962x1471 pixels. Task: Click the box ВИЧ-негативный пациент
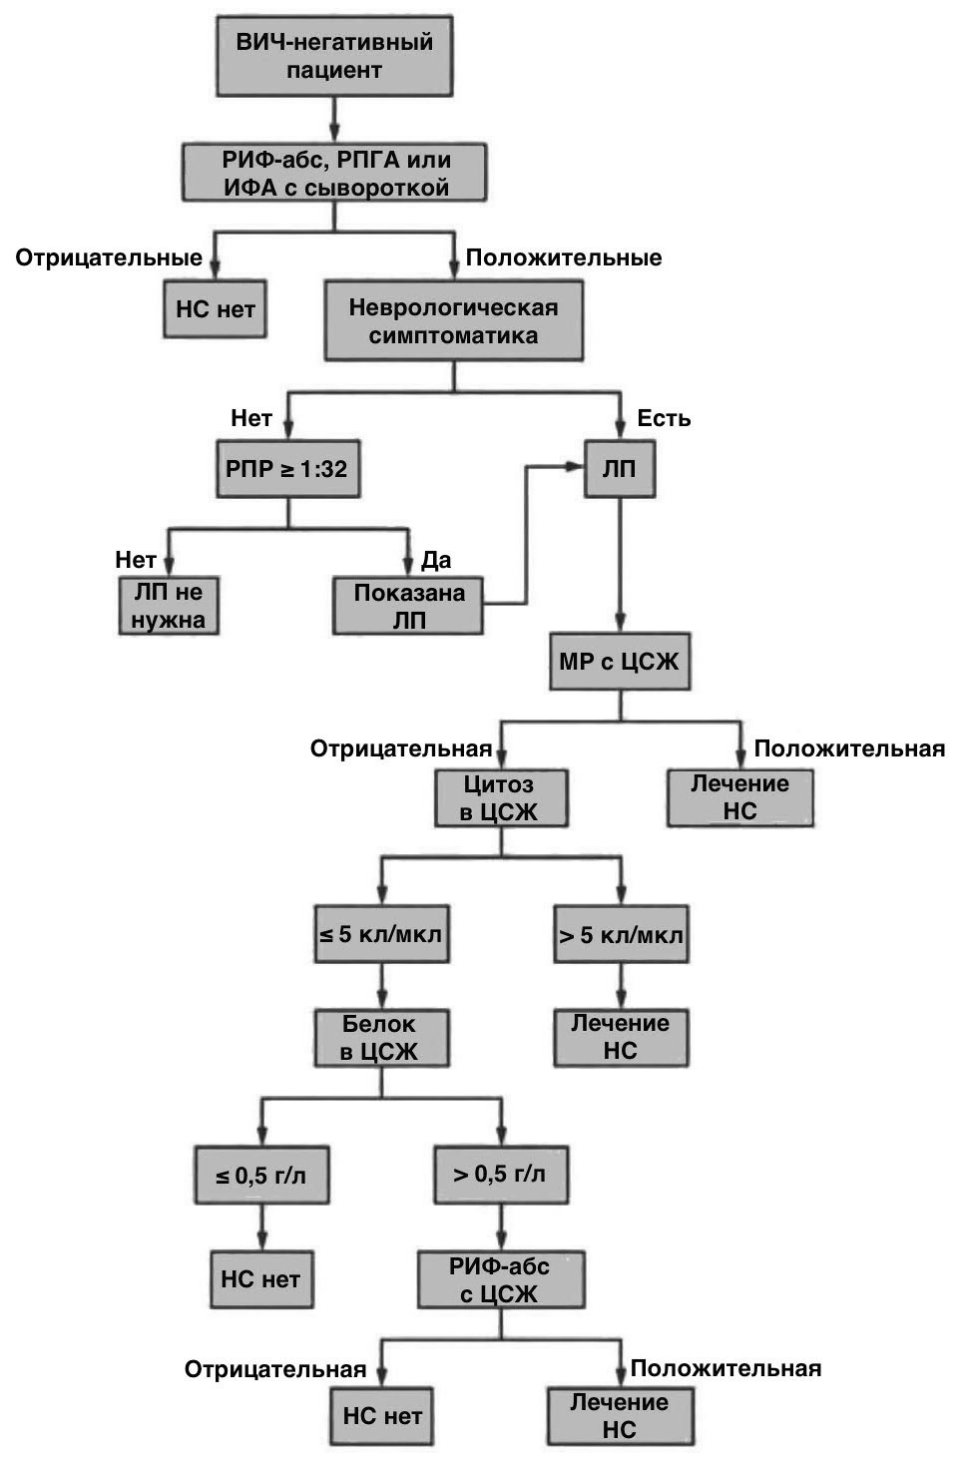(x=334, y=56)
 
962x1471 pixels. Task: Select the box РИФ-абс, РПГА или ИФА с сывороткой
(x=334, y=173)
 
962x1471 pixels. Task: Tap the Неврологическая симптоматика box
(x=453, y=320)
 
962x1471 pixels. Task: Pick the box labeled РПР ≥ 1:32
(x=287, y=468)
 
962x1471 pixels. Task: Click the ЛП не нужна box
(x=169, y=605)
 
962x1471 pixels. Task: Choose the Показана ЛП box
(x=408, y=606)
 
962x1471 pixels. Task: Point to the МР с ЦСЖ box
(x=619, y=661)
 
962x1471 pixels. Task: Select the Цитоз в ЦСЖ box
(x=500, y=797)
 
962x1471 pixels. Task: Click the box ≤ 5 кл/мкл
(x=381, y=934)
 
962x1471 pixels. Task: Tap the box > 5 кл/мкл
(x=621, y=934)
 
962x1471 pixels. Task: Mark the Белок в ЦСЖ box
(x=381, y=1037)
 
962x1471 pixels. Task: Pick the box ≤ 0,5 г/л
(x=261, y=1175)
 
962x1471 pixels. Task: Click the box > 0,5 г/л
(x=500, y=1174)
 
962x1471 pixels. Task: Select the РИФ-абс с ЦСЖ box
(x=500, y=1279)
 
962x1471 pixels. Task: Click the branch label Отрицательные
(x=109, y=257)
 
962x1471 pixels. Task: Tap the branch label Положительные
(x=564, y=257)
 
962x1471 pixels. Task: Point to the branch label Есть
(x=664, y=418)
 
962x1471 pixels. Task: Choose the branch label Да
(x=436, y=559)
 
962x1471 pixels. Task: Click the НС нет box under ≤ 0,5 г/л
(x=260, y=1278)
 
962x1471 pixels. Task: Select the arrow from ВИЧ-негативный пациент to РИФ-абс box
(x=334, y=120)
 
